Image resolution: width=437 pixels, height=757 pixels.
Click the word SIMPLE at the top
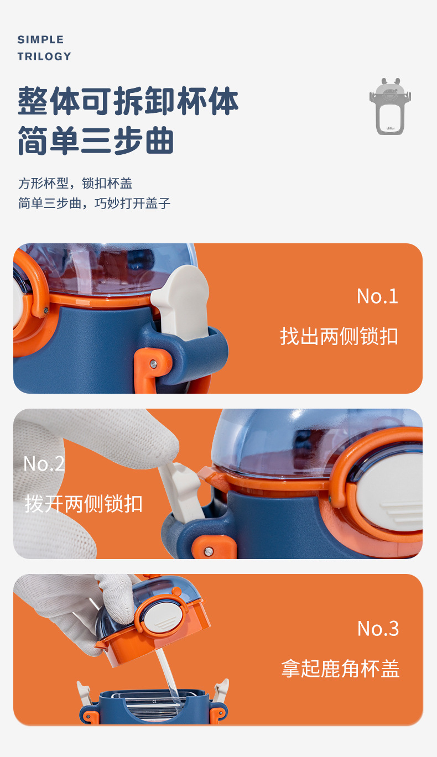40,40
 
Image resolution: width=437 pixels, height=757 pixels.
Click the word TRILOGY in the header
44,56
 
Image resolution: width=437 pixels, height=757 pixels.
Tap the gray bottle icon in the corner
390,106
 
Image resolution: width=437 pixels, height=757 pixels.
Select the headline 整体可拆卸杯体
128,101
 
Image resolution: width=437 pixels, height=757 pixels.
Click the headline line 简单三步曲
96,141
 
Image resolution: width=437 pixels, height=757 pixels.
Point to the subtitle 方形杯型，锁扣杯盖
75,183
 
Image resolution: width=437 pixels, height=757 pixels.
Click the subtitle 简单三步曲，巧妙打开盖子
95,203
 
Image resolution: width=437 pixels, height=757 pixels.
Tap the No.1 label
377,296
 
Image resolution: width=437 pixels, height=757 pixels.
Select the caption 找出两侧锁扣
339,336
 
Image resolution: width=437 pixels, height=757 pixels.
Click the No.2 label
44,463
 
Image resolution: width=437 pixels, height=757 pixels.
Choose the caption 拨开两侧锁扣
84,504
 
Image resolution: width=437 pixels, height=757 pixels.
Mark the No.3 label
378,629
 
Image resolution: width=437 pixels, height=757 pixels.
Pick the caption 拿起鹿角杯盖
340,669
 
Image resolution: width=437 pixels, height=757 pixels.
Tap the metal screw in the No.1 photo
153,363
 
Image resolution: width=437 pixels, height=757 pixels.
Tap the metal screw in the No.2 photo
209,551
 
